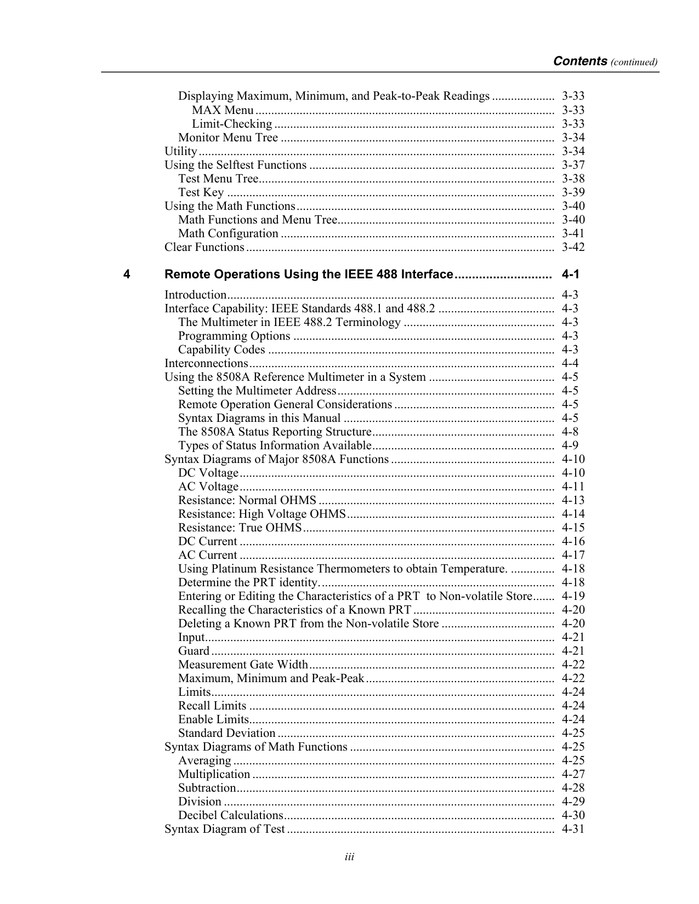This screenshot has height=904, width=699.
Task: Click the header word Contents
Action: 579,61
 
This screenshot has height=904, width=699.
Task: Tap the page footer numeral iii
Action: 349,857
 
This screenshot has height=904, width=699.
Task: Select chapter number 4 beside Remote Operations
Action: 127,274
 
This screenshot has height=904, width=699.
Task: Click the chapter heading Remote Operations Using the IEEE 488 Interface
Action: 309,274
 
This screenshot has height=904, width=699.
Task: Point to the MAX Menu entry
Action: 223,110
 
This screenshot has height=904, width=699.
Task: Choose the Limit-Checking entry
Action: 232,124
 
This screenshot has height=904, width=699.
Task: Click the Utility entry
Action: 181,151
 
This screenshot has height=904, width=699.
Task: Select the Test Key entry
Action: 201,192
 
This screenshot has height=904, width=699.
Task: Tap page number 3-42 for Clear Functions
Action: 573,247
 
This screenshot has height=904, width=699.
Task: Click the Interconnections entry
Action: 207,363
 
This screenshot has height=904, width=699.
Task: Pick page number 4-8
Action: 570,432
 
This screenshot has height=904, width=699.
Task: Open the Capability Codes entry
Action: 222,350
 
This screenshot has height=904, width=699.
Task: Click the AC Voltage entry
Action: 208,487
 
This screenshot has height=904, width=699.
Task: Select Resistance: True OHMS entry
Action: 240,528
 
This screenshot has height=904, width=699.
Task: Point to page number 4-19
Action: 573,596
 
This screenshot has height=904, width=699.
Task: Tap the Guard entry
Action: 194,651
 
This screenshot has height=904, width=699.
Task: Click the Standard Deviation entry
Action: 227,733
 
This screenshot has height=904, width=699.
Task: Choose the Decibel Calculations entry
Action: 230,815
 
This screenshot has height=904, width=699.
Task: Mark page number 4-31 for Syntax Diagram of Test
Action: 573,829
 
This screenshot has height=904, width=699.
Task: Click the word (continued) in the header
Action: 634,62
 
